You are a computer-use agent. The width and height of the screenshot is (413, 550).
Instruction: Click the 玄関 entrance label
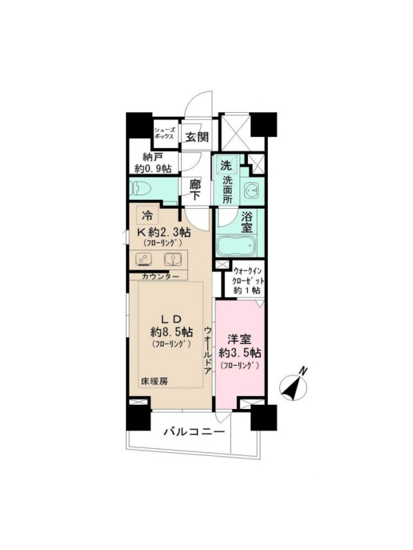(x=197, y=137)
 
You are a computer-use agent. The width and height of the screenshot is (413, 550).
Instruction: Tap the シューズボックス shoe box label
(x=164, y=133)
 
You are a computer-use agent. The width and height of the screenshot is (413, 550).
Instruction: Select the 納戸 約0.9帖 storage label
(x=152, y=163)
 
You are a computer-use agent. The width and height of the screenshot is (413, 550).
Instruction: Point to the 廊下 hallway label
(x=195, y=190)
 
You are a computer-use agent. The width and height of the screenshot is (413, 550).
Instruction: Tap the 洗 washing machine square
(x=226, y=165)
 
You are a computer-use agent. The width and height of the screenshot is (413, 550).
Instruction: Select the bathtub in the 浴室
(x=236, y=246)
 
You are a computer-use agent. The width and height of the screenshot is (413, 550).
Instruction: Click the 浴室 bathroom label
(x=246, y=221)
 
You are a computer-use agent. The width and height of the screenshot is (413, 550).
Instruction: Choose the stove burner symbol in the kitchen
(x=143, y=260)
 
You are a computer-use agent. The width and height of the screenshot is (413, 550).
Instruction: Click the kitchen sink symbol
(x=173, y=260)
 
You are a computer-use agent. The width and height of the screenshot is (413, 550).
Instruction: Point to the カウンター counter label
(x=160, y=276)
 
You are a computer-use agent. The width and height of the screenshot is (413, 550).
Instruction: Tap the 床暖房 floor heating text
(x=154, y=382)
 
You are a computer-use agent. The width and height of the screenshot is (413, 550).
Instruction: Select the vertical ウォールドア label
(x=208, y=351)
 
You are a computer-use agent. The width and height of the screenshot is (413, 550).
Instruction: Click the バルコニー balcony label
(x=195, y=432)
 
